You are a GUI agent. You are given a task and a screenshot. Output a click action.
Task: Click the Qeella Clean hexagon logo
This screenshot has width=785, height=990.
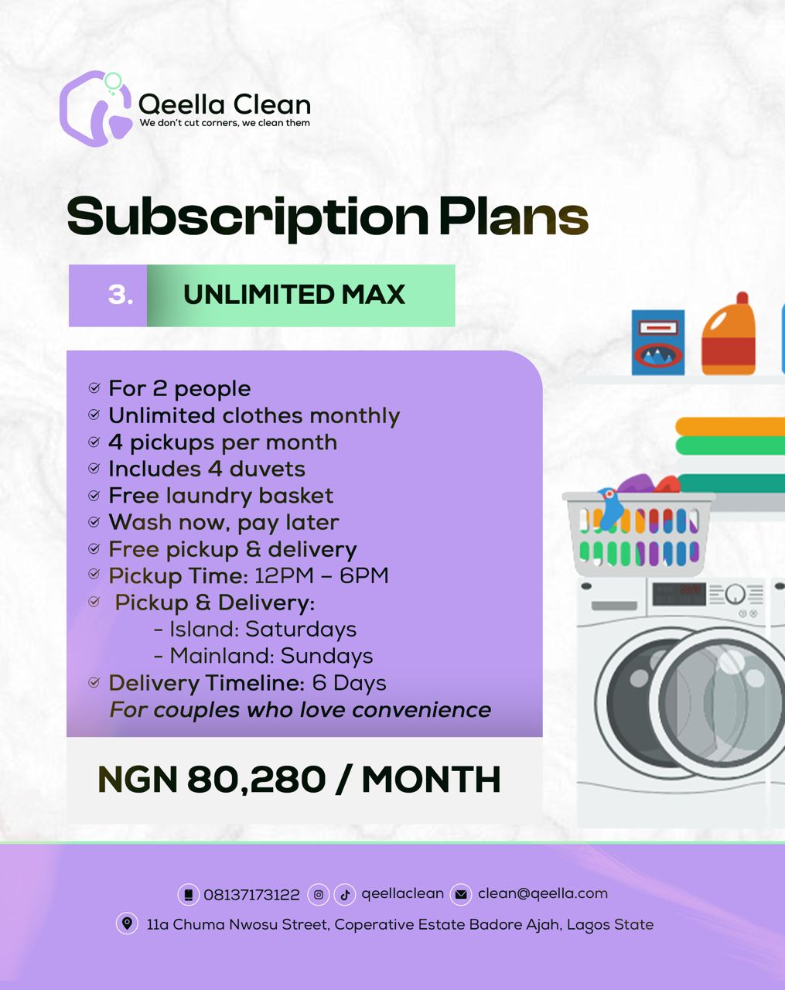pyautogui.click(x=95, y=108)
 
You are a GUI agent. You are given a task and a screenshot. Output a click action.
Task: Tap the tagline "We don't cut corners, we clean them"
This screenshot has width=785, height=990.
pyautogui.click(x=224, y=123)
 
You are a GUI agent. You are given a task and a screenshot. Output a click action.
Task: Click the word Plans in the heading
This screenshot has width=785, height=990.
pyautogui.click(x=514, y=216)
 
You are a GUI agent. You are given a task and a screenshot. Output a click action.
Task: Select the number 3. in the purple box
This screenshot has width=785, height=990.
pyautogui.click(x=121, y=295)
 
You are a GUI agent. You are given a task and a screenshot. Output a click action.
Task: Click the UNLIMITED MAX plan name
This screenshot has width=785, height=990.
pyautogui.click(x=294, y=295)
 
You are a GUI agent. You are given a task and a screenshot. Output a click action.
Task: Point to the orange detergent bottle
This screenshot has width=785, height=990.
pyautogui.click(x=728, y=333)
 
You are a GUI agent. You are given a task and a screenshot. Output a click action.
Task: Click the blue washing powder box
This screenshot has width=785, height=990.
pyautogui.click(x=658, y=343)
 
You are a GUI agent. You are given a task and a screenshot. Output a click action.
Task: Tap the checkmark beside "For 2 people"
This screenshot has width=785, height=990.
pyautogui.click(x=94, y=387)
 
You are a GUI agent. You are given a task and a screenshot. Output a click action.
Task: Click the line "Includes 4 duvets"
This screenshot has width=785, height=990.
pyautogui.click(x=206, y=469)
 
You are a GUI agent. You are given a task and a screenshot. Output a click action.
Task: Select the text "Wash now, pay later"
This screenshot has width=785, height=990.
pyautogui.click(x=224, y=522)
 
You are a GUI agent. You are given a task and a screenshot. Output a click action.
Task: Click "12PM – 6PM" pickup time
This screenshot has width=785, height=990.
pyautogui.click(x=322, y=575)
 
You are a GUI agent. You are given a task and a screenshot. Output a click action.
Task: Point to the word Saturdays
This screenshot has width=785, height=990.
pyautogui.click(x=301, y=630)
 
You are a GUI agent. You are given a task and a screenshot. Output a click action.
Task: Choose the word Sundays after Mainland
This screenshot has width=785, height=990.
pyautogui.click(x=326, y=656)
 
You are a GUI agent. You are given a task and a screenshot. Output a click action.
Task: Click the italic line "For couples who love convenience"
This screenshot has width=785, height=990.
pyautogui.click(x=300, y=710)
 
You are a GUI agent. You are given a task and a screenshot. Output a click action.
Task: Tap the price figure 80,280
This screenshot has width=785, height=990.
pyautogui.click(x=256, y=780)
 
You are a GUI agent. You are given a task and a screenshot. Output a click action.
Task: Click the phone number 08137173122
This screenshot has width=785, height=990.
pyautogui.click(x=251, y=895)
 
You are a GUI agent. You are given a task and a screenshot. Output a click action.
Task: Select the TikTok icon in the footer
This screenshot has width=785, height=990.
pyautogui.click(x=345, y=895)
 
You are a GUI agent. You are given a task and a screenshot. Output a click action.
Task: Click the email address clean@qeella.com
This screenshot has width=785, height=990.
pyautogui.click(x=543, y=893)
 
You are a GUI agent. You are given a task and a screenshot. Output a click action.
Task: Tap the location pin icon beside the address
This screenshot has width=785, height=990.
pyautogui.click(x=127, y=923)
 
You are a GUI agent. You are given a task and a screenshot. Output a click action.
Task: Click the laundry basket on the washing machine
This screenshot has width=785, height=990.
pyautogui.click(x=639, y=530)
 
